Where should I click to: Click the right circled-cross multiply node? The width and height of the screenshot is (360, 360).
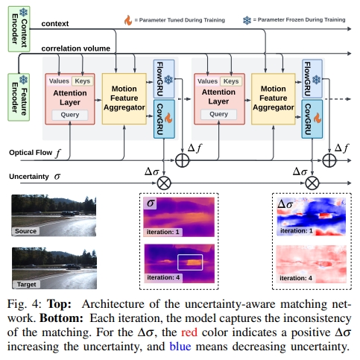(312, 181)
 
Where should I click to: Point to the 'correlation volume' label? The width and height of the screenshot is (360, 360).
(76, 48)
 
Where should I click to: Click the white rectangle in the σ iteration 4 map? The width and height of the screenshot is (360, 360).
(190, 262)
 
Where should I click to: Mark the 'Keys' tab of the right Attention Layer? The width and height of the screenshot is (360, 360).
(232, 80)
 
